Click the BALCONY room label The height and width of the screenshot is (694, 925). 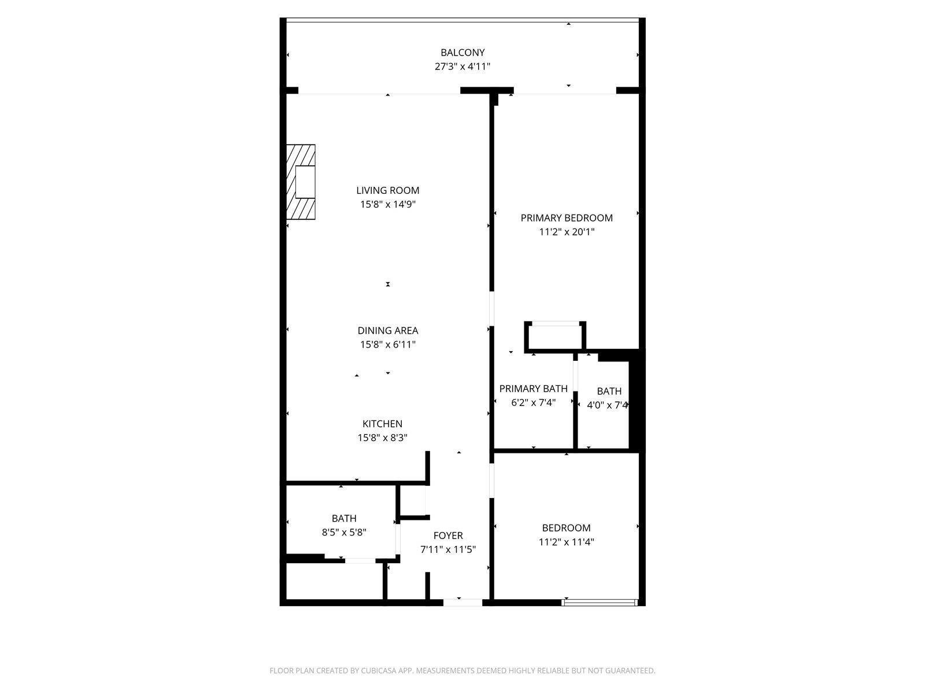click(462, 53)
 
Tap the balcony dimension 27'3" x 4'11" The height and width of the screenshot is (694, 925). click(462, 67)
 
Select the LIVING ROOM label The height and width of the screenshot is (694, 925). click(387, 190)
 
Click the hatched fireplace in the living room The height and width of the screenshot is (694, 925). click(301, 182)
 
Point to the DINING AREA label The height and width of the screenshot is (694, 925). click(387, 331)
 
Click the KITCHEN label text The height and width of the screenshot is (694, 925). click(382, 424)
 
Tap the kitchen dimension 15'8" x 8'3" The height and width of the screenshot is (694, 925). click(382, 438)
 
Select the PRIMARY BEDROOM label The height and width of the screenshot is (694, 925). click(567, 218)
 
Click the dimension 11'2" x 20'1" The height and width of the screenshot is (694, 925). click(567, 232)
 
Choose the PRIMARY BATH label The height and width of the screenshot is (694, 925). click(533, 389)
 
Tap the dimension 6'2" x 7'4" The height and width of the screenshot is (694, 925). click(533, 403)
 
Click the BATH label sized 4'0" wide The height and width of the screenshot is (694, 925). click(609, 392)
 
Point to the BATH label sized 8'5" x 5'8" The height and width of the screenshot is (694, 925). click(344, 519)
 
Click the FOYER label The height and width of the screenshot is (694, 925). click(448, 536)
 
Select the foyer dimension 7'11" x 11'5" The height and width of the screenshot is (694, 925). click(448, 549)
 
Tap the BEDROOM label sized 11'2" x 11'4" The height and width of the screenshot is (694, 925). click(566, 528)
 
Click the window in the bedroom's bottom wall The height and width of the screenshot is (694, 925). click(600, 603)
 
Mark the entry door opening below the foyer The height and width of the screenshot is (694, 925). click(462, 603)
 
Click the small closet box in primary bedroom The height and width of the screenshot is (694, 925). click(555, 337)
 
